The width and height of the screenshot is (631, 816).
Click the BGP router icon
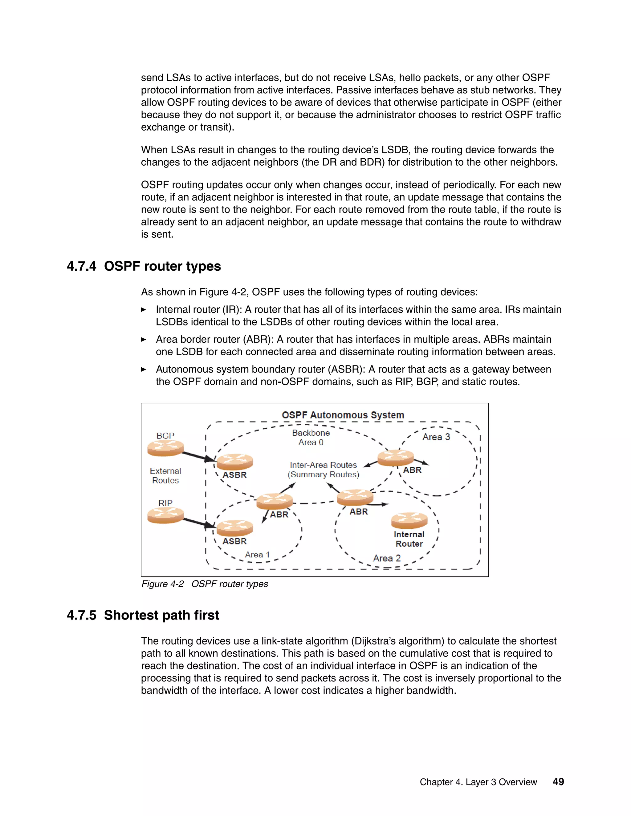point(165,448)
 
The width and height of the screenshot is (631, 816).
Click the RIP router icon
point(165,515)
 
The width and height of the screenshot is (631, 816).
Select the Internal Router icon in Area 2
point(409,520)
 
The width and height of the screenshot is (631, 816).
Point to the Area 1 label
point(257,555)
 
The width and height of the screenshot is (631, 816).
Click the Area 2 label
point(387,558)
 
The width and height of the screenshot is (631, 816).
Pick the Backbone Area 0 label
point(311,438)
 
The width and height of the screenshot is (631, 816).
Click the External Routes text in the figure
point(165,476)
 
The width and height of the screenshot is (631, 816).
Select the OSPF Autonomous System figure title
point(343,415)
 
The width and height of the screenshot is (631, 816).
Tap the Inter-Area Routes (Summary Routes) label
point(323,470)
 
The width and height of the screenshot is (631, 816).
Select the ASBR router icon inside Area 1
point(235,527)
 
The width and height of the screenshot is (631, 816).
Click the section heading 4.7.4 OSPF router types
point(144,266)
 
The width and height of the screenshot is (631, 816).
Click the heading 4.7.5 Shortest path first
point(143,615)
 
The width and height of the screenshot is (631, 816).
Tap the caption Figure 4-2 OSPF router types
point(205,584)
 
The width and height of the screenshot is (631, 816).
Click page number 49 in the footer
point(558,782)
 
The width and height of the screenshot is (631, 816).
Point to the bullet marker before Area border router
point(144,339)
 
